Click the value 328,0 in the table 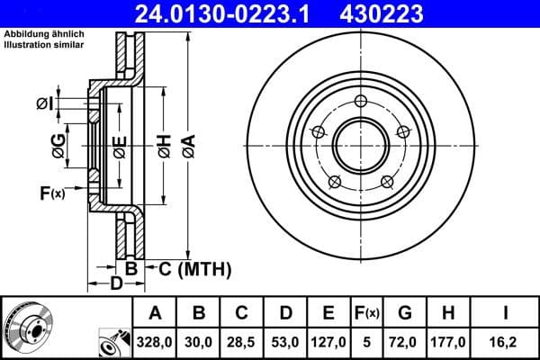pyautogui.click(x=156, y=342)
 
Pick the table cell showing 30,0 pyautogui.click(x=199, y=342)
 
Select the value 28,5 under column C pyautogui.click(x=242, y=342)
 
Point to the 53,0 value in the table pyautogui.click(x=285, y=342)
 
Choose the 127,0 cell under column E pyautogui.click(x=328, y=342)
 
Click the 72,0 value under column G pyautogui.click(x=406, y=342)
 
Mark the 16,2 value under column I pyautogui.click(x=505, y=342)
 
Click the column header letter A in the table pyautogui.click(x=156, y=313)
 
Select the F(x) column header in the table pyautogui.click(x=367, y=313)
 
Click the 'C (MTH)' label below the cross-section pyautogui.click(x=194, y=268)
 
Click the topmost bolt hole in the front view pyautogui.click(x=361, y=101)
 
